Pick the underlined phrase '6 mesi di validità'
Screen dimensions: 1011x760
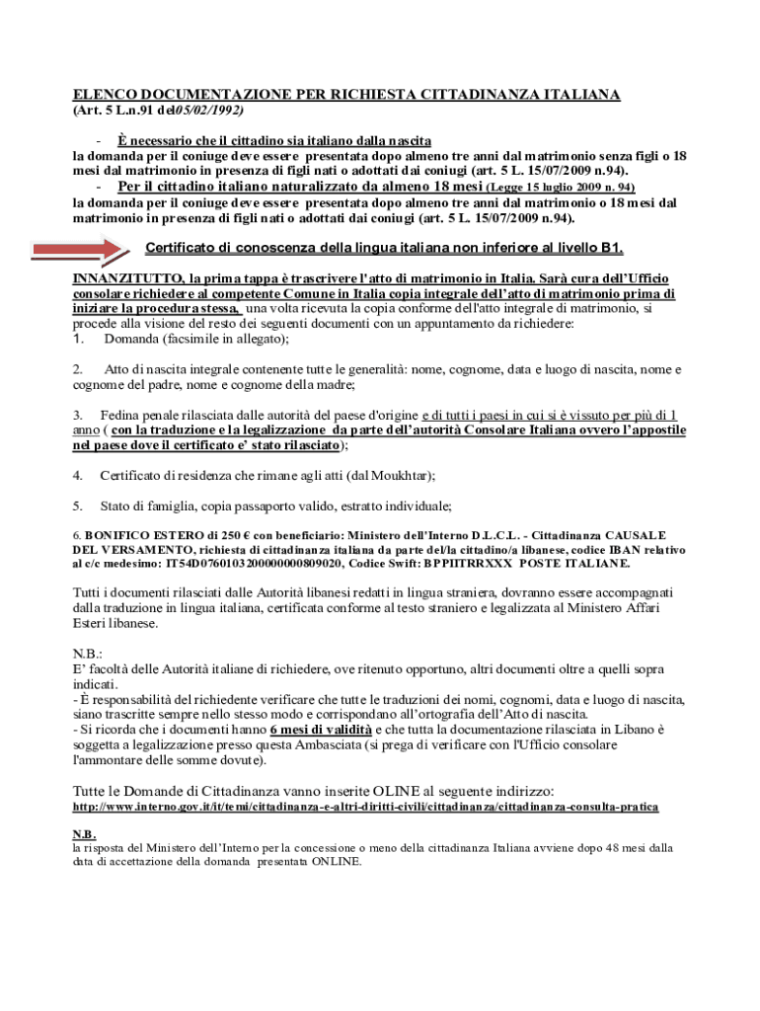321,730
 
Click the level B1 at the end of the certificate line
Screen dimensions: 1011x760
611,248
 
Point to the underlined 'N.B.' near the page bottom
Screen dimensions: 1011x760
84,833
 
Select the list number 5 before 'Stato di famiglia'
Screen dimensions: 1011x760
77,506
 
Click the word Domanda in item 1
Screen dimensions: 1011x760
131,339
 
